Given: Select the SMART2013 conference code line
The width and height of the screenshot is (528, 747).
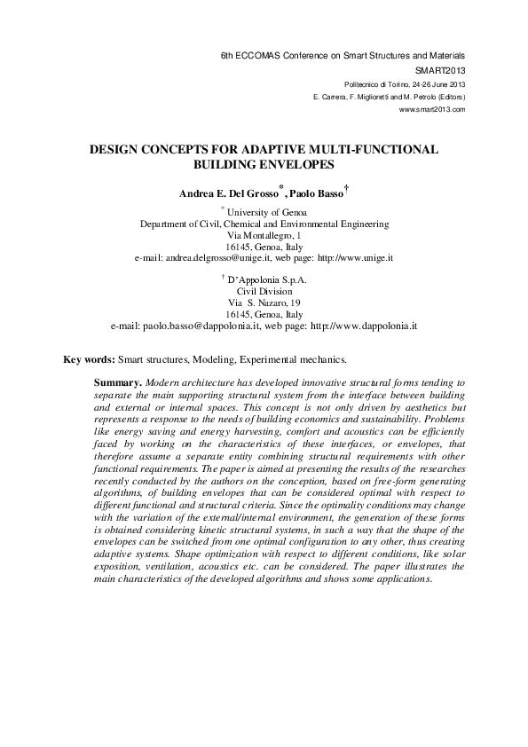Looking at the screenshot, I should click(x=440, y=68).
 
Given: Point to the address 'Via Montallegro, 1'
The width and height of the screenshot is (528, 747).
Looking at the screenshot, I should click(x=264, y=235).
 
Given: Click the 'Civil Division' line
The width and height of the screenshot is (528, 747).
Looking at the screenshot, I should click(x=264, y=291).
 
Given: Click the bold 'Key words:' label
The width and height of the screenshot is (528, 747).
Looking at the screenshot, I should click(x=90, y=360).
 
